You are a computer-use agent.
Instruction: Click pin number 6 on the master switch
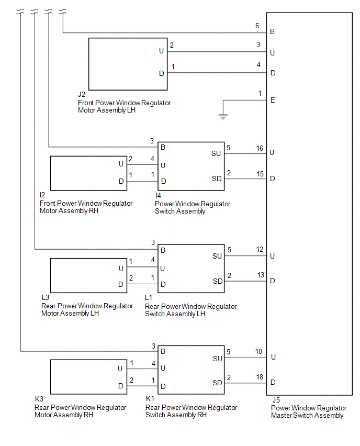point(257,26)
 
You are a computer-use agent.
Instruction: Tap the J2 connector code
point(82,95)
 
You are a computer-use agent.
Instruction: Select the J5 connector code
point(276,400)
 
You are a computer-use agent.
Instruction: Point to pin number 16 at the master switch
point(260,149)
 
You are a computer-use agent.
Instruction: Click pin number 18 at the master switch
point(260,377)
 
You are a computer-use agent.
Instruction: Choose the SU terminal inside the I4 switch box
point(216,153)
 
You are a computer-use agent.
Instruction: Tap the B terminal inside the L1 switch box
point(163,250)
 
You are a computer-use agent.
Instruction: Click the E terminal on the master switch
point(273,100)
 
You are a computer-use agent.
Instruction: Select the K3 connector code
point(39,399)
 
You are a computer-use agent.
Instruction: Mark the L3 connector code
point(46,297)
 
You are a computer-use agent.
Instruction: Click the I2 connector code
point(43,195)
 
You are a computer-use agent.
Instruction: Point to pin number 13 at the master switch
point(260,275)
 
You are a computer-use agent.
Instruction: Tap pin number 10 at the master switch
point(259,352)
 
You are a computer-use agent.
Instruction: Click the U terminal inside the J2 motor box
point(161,51)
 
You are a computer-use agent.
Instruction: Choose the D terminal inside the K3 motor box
point(120,386)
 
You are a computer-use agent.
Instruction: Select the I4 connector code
point(158,195)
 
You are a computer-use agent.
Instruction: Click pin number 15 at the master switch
point(260,173)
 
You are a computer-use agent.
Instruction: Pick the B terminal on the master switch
point(273,32)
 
